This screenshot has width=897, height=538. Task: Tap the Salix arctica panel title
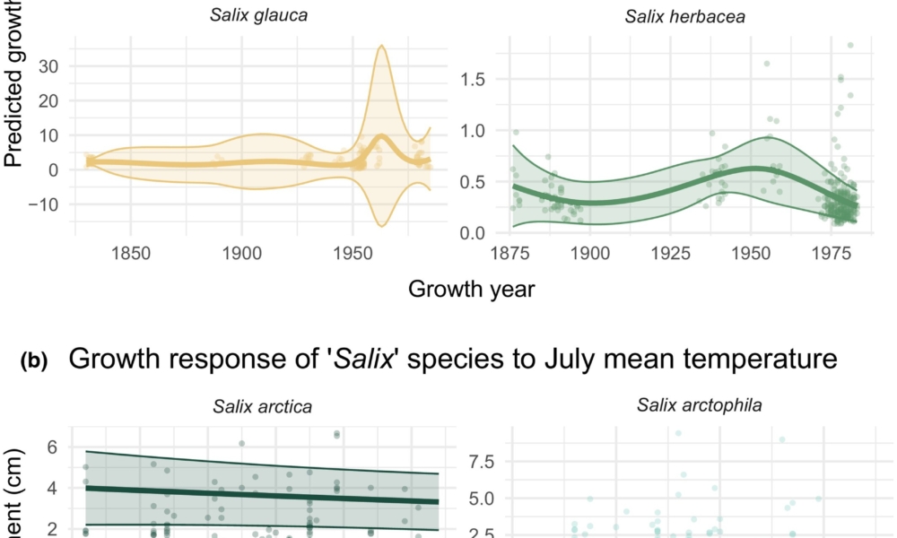click(x=262, y=406)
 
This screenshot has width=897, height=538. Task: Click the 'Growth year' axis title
click(x=472, y=290)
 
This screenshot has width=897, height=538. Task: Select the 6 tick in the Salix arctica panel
click(x=52, y=447)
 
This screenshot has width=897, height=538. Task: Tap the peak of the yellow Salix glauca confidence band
click(x=382, y=45)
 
